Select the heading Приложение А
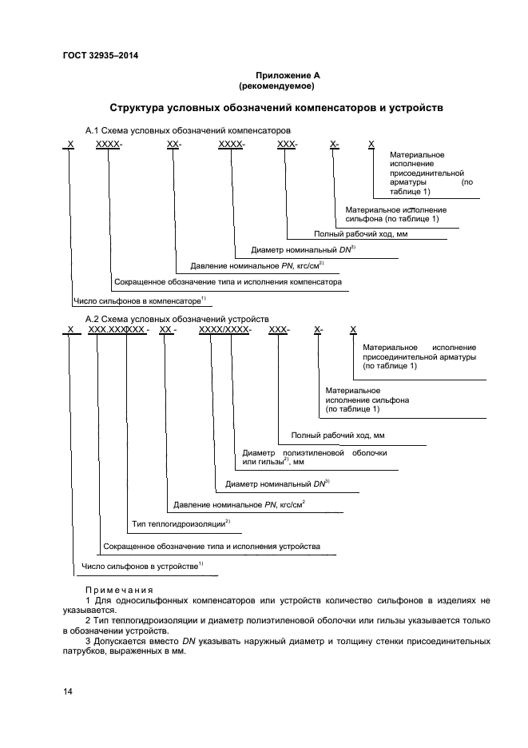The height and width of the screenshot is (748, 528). click(276, 75)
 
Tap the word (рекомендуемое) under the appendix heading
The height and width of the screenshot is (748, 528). click(276, 86)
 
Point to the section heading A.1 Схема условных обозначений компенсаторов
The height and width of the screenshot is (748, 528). click(188, 129)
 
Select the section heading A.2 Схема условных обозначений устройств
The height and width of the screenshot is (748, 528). click(177, 319)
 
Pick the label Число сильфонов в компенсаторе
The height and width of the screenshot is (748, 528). click(139, 301)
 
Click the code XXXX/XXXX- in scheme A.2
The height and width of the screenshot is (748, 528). click(224, 330)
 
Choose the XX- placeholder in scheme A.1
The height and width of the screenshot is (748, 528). click(174, 144)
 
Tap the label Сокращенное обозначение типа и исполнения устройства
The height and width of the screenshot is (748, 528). click(212, 547)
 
